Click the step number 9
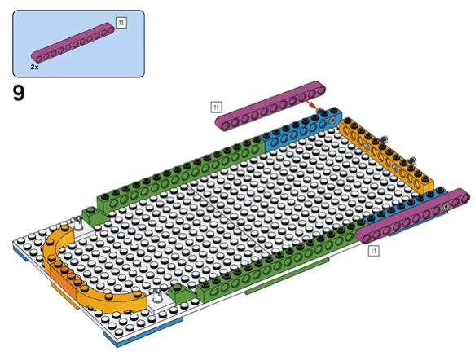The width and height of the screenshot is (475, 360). (x=19, y=93)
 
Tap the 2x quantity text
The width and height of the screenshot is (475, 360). (x=34, y=68)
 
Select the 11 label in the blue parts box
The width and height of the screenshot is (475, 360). (x=121, y=23)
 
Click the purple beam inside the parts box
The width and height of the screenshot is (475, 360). (x=73, y=42)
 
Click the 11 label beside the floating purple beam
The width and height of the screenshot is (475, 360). (x=216, y=108)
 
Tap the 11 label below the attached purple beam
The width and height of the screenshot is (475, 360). (x=373, y=251)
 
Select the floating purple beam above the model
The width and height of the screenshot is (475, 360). (x=270, y=106)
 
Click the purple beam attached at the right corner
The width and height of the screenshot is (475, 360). (x=412, y=216)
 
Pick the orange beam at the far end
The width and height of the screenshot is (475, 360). (x=387, y=155)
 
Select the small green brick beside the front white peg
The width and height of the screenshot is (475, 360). (x=181, y=294)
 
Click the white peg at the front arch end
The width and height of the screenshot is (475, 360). (x=157, y=296)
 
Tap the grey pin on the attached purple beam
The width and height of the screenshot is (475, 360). (x=446, y=207)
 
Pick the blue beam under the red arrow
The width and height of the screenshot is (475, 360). (x=302, y=129)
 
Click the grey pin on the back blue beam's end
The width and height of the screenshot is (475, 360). (x=332, y=121)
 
